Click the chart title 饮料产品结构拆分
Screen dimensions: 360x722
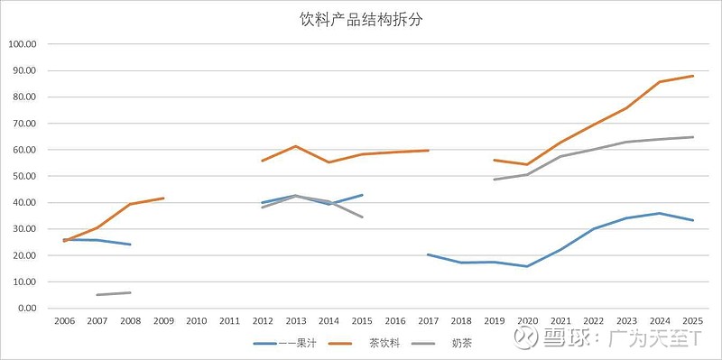click(x=361, y=20)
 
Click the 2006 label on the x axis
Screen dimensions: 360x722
click(x=64, y=321)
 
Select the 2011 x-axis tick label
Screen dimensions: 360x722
click(x=229, y=321)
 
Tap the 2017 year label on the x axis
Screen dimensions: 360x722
click(x=428, y=321)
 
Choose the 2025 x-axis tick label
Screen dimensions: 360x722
click(x=692, y=321)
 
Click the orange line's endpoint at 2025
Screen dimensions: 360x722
click(x=692, y=76)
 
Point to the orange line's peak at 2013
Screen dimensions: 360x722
click(x=295, y=146)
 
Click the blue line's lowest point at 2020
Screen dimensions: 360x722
click(x=527, y=266)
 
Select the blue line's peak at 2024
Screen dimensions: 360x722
click(x=660, y=213)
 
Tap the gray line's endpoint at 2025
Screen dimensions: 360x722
click(x=692, y=137)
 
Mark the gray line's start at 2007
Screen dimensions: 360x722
click(x=97, y=294)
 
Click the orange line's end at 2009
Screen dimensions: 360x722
click(x=163, y=198)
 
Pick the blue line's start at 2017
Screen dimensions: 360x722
click(x=428, y=254)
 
